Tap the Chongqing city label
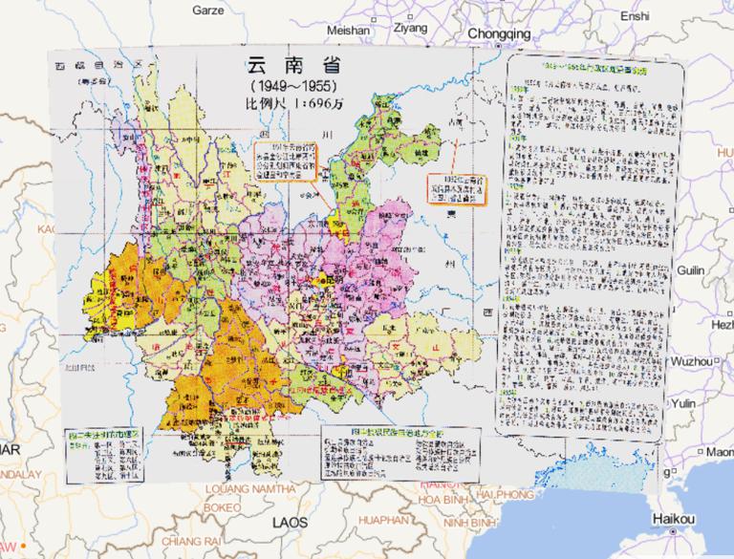(x=498, y=33)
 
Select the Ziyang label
(x=410, y=28)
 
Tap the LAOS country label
(x=290, y=524)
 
